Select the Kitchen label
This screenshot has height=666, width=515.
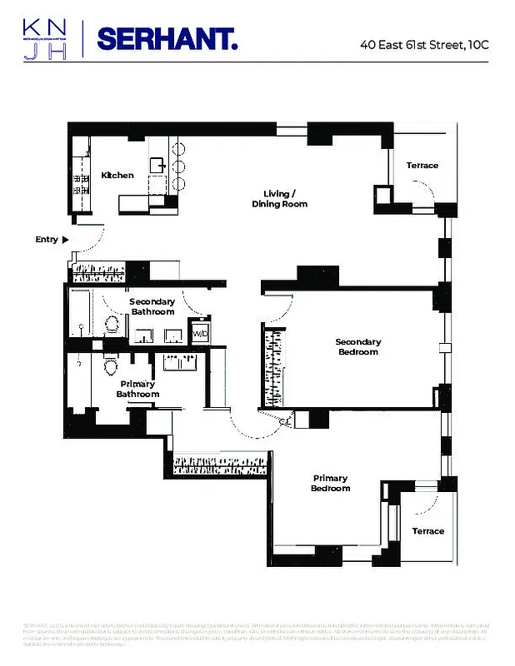(117, 176)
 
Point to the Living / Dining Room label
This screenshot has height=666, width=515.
(280, 199)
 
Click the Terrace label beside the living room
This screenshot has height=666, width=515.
(422, 166)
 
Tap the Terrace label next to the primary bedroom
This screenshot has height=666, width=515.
(428, 531)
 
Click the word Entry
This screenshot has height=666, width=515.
(47, 240)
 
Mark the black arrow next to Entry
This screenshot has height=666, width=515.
(66, 240)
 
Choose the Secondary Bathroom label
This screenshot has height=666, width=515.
(152, 306)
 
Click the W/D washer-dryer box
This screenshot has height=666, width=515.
(200, 334)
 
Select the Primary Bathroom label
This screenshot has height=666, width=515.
(137, 389)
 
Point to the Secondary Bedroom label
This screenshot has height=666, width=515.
(357, 346)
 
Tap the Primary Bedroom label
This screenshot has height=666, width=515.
(331, 483)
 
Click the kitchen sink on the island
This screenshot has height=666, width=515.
(157, 164)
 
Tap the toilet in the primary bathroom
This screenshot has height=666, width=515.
(109, 366)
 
